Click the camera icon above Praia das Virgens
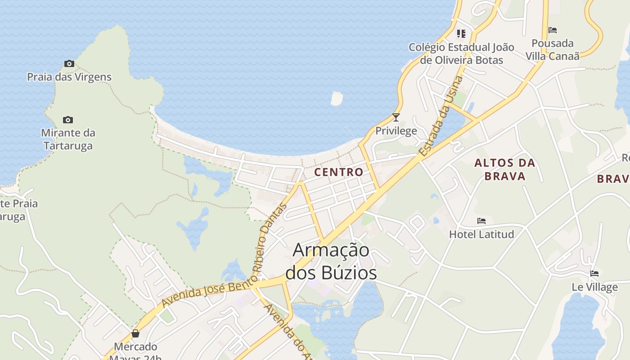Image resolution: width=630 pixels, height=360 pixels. click(x=69, y=63)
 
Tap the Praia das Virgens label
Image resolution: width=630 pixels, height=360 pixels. click(x=69, y=77)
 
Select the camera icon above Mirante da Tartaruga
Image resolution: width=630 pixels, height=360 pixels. click(x=68, y=120)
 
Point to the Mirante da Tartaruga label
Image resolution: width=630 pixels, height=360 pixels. click(x=68, y=139)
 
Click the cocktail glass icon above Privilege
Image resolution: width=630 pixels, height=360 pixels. click(x=396, y=117)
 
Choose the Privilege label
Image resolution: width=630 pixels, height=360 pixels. click(x=396, y=131)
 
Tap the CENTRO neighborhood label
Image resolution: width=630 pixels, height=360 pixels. click(x=338, y=172)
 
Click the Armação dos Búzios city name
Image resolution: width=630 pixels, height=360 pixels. click(x=331, y=261)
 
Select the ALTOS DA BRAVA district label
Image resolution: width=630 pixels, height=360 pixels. click(x=505, y=169)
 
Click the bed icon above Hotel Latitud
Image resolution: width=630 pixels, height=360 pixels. click(x=481, y=221)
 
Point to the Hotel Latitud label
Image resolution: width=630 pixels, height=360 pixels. click(x=481, y=234)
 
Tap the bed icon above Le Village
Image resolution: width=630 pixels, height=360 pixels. click(x=594, y=274)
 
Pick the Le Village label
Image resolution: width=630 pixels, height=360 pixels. click(x=594, y=287)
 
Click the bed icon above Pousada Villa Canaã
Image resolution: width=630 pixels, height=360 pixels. click(x=553, y=30)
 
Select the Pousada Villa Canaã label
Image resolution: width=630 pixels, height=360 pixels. click(x=553, y=49)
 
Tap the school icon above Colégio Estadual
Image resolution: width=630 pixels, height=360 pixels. click(x=461, y=34)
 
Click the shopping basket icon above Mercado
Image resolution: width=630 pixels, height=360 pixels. click(x=135, y=333)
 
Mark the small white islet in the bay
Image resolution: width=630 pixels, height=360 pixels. click(x=337, y=98)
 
